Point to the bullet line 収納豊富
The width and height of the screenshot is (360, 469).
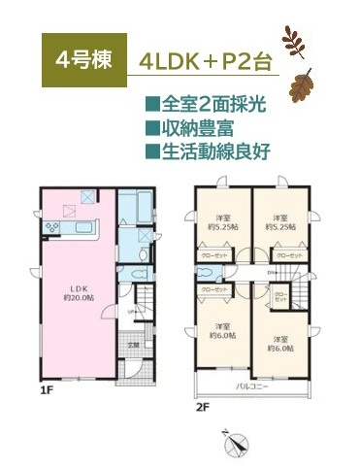pos(192,127)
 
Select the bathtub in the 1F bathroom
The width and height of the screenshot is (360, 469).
pos(131,208)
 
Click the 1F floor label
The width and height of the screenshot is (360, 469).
pos(46,393)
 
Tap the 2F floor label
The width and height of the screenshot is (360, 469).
pos(203,407)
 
